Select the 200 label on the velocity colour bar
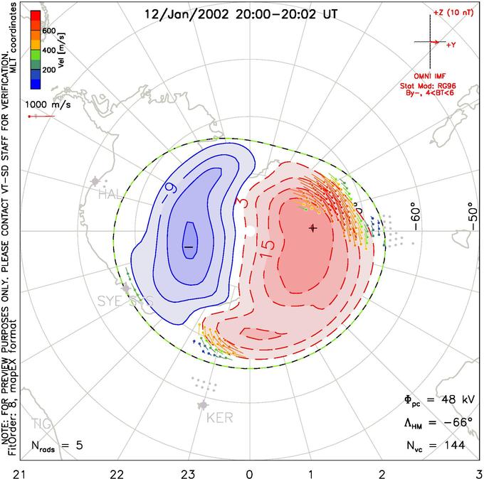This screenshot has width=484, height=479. pos(48,70)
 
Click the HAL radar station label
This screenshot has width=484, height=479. pos(111,194)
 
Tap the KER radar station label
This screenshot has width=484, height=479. pos(219,418)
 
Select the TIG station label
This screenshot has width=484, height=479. pos(41,424)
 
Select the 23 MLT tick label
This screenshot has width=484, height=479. pos(187,472)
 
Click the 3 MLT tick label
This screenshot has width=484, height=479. pos(478,472)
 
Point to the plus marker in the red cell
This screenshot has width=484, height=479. pos(312,228)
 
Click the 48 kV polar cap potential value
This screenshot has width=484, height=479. pos(448,400)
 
